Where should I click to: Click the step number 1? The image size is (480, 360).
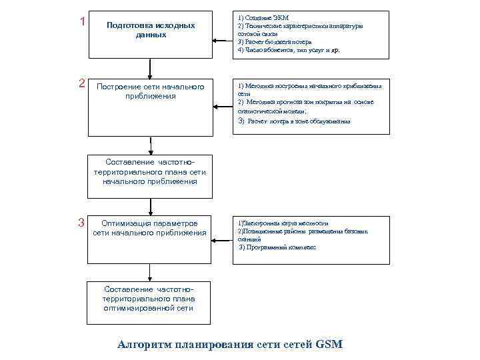pyautogui.click(x=82, y=21)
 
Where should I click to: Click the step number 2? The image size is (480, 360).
pyautogui.click(x=81, y=84)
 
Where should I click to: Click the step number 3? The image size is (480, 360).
pyautogui.click(x=81, y=222)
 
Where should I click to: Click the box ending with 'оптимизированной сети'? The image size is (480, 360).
pyautogui.click(x=150, y=299)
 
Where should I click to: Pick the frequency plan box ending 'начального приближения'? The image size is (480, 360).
pyautogui.click(x=150, y=171)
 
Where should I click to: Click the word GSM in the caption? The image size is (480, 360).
pyautogui.click(x=329, y=344)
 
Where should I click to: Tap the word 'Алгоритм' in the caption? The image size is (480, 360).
pyautogui.click(x=145, y=344)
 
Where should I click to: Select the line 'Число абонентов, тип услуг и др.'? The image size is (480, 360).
pyautogui.click(x=288, y=50)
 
